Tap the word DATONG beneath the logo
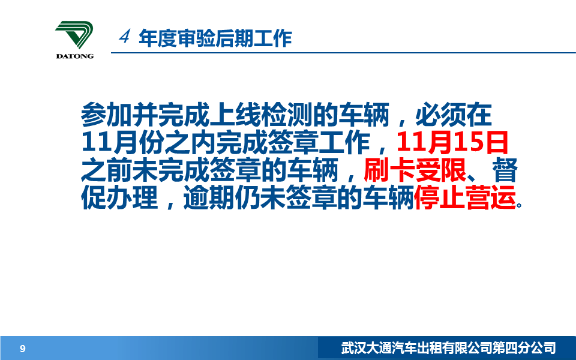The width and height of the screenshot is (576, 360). click(x=75, y=56)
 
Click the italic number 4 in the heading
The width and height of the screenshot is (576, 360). click(x=125, y=37)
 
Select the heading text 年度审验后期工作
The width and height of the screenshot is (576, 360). click(x=215, y=38)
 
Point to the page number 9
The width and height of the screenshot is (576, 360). click(x=23, y=349)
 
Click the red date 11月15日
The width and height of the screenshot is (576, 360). click(x=452, y=143)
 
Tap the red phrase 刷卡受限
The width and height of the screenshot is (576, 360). click(x=415, y=170)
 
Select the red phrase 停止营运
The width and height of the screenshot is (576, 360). click(x=465, y=198)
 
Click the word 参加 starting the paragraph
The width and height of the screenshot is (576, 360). click(x=106, y=115)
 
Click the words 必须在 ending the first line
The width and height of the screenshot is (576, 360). click(x=454, y=115)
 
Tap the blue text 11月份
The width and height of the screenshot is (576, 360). click(x=122, y=143)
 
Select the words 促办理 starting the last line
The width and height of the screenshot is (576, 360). click(x=119, y=198)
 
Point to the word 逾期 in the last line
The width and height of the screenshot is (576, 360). click(x=209, y=198)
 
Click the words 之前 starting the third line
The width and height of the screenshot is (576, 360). click(x=106, y=170)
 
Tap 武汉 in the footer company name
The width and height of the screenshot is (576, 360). click(x=354, y=348)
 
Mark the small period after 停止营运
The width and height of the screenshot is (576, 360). click(x=519, y=205)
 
